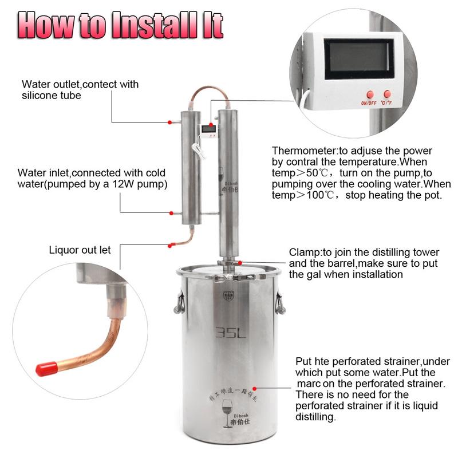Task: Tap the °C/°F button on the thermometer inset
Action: (x=389, y=93)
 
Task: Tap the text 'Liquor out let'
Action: (x=80, y=250)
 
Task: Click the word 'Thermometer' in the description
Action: (x=305, y=151)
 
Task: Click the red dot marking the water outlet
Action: (x=170, y=122)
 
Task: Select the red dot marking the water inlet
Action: (x=170, y=212)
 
